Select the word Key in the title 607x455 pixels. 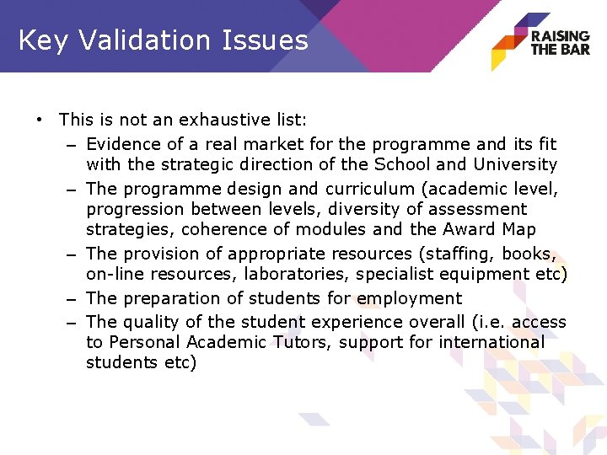coord(44,40)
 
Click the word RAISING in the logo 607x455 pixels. coord(560,36)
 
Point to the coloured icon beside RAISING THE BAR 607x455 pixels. coord(509,41)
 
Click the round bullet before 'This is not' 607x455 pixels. coord(40,120)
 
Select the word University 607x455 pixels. coord(515,164)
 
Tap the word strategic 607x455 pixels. coord(198,164)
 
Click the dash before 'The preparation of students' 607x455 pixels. coord(71,299)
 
